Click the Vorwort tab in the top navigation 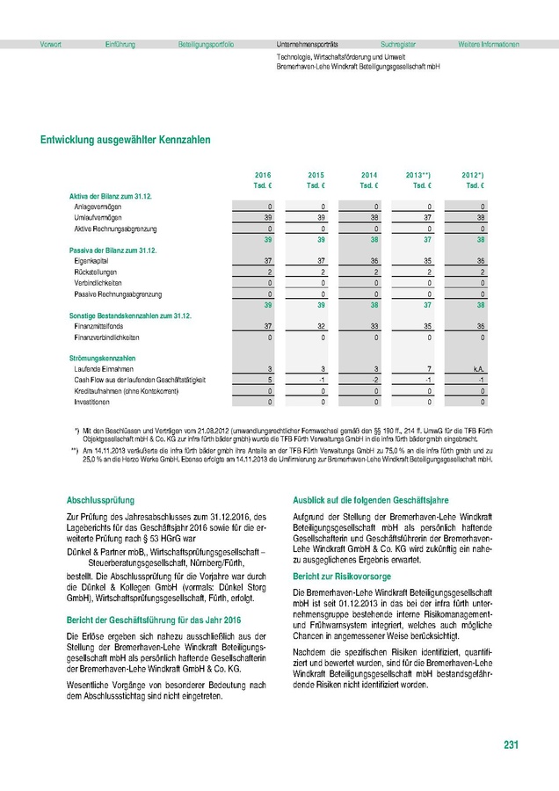click(50, 44)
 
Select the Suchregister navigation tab click(398, 44)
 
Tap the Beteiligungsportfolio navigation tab click(206, 44)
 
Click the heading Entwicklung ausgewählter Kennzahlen click(125, 139)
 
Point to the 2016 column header click(263, 176)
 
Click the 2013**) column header click(418, 176)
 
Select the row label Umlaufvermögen click(98, 216)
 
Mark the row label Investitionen click(92, 402)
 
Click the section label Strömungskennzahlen click(102, 358)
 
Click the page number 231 click(511, 746)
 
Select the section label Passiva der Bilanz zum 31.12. click(112, 250)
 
